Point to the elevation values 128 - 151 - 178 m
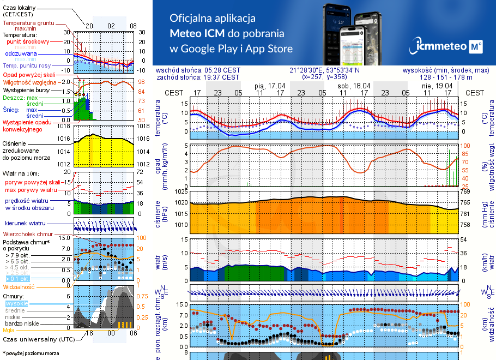455,77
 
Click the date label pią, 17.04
270,86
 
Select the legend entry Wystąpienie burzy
26,89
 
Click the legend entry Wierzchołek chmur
25,233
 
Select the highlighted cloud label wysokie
16,303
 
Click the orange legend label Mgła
9,330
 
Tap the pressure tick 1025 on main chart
180,191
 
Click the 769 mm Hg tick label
465,191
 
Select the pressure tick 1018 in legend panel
63,126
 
